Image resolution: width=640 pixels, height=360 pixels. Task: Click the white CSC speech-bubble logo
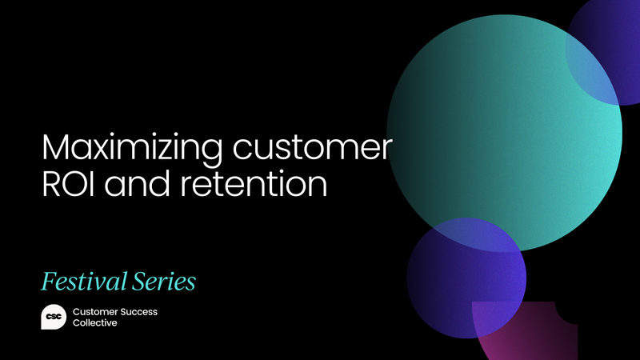(53, 316)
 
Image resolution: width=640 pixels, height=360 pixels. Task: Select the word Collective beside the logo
(94, 323)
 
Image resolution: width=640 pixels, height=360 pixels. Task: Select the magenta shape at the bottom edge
(520, 336)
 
